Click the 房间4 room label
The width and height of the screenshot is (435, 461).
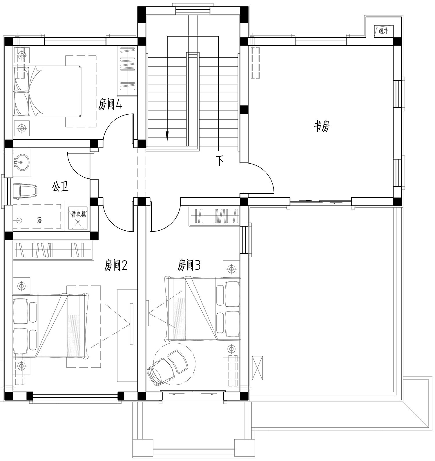110,104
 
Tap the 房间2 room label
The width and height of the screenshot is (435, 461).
116,265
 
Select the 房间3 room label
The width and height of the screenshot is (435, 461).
189,265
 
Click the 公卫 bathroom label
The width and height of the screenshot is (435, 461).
61,187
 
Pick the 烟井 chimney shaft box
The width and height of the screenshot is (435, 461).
383,31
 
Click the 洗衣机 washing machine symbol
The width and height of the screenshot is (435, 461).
79,219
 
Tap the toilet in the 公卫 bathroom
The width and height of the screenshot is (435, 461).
25,191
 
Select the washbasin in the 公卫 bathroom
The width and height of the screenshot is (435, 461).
21,162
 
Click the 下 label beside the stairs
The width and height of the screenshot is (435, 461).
220,160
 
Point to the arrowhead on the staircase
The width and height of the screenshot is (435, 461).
167,136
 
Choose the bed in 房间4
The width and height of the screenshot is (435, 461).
47,91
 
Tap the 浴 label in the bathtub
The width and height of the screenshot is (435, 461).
39,220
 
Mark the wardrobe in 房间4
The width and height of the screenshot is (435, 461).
127,71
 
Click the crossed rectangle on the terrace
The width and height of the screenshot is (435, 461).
258,368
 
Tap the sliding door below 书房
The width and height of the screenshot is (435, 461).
320,201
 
